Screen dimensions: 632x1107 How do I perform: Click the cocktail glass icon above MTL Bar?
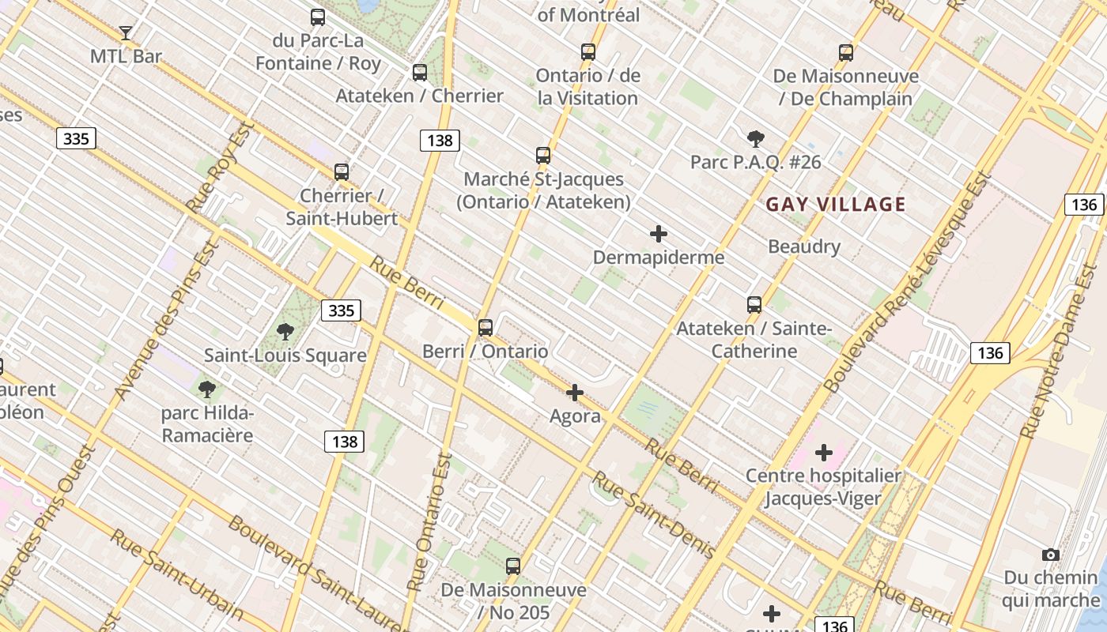point(126,33)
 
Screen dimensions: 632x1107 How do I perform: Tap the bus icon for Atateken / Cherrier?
point(420,73)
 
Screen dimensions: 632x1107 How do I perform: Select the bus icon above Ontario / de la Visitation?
point(588,52)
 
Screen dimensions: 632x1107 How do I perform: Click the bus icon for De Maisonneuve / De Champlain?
point(846,53)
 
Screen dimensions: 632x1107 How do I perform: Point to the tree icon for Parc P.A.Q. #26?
point(756,139)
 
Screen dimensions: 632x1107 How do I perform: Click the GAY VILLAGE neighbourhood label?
point(836,205)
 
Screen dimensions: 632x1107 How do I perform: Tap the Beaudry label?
point(804,246)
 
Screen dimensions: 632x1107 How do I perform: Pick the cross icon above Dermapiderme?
point(658,234)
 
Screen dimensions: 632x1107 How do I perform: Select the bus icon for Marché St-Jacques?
point(543,156)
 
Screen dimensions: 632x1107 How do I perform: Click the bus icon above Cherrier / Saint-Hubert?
point(342,172)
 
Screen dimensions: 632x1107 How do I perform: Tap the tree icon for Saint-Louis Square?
point(285,332)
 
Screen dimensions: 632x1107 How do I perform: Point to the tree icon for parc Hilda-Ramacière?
point(207,389)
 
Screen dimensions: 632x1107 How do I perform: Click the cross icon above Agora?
point(575,393)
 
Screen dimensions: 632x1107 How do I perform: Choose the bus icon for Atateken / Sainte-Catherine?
point(754,305)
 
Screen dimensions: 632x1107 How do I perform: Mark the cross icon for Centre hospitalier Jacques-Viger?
point(824,453)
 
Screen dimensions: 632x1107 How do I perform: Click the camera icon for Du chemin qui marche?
point(1051,555)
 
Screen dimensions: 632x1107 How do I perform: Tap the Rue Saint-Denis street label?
point(654,514)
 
